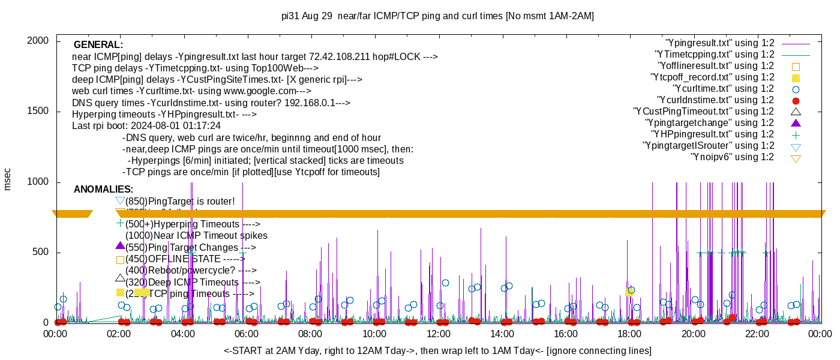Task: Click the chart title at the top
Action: coord(437,16)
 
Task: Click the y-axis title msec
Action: coord(7,179)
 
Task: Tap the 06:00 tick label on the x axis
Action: coord(247,334)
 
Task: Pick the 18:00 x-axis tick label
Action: coord(629,334)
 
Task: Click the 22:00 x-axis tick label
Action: coord(757,334)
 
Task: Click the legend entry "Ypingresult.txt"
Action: coord(720,43)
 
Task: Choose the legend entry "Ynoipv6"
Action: coord(732,157)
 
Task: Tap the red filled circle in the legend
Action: coord(796,101)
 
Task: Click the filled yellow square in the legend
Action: coord(796,78)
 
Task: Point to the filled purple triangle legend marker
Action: coord(796,123)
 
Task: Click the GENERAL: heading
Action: coord(98,45)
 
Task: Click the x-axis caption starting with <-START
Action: coord(437,350)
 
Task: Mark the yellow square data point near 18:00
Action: coord(628,292)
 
